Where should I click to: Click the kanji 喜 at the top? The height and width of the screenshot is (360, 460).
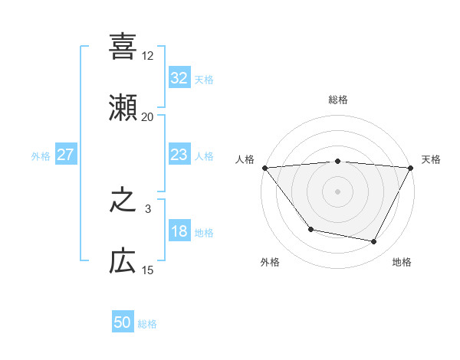(123, 47)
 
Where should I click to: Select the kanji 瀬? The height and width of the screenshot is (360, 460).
(123, 107)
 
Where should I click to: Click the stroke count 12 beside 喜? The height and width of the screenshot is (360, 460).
(147, 56)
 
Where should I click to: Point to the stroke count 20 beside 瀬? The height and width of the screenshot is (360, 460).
(147, 116)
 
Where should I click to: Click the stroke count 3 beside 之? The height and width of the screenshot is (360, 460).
(147, 208)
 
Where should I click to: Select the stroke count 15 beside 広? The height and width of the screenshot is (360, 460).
(147, 270)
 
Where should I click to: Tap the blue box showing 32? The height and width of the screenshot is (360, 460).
(179, 78)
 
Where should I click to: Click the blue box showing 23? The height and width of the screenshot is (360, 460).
(179, 155)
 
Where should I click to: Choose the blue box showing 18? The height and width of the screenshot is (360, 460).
(179, 232)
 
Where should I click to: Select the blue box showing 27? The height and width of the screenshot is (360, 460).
(65, 155)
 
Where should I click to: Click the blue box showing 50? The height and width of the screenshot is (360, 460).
(123, 323)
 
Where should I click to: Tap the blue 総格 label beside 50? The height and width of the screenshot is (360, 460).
(147, 325)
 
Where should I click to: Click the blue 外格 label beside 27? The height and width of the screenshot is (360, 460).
(41, 156)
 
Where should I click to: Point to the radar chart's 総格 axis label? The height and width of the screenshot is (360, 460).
(338, 100)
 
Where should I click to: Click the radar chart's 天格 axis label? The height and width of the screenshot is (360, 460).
(431, 159)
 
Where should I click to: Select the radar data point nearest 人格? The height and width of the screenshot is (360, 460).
(264, 167)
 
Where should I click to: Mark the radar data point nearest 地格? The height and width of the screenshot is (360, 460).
(374, 242)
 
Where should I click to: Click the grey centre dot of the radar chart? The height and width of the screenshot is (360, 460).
(338, 191)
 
